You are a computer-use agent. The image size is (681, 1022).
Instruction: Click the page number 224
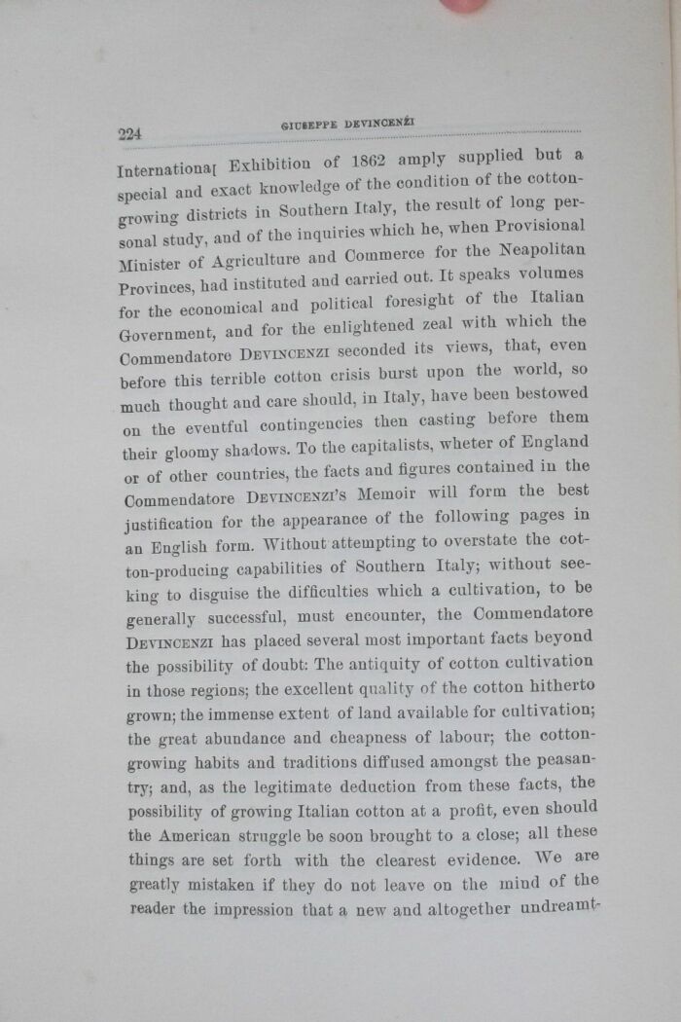[129, 134]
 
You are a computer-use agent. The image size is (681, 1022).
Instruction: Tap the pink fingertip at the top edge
[465, 5]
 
